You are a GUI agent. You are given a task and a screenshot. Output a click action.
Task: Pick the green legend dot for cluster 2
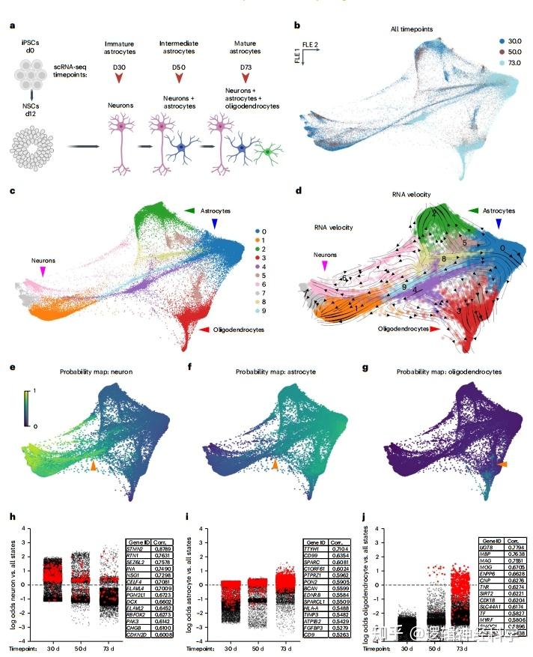click(256, 246)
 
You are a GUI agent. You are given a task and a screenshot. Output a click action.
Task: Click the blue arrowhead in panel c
click(216, 224)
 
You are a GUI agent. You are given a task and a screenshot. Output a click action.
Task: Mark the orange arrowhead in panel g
click(502, 465)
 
